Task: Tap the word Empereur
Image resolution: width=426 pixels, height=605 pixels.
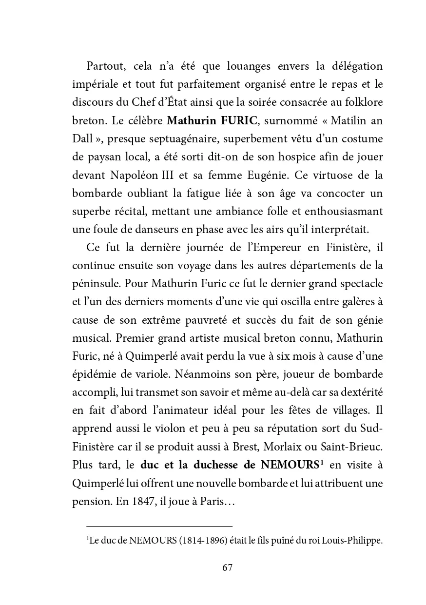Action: tap(273, 247)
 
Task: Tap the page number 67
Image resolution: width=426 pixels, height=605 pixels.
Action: tap(227, 568)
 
